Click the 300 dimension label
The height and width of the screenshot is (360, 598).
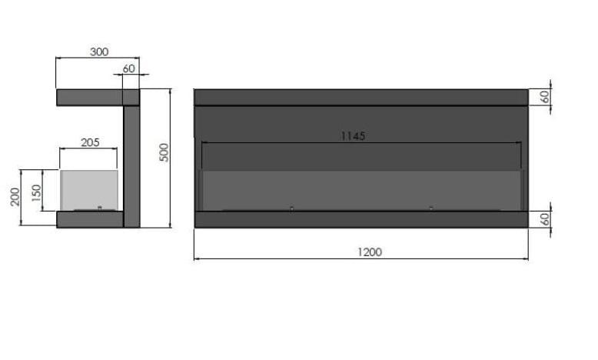pyautogui.click(x=99, y=52)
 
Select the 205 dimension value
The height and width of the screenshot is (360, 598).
pyautogui.click(x=90, y=143)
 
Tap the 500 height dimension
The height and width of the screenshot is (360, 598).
pyautogui.click(x=164, y=153)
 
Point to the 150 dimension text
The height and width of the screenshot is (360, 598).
pyautogui.click(x=36, y=193)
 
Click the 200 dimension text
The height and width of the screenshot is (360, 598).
pyautogui.click(x=15, y=197)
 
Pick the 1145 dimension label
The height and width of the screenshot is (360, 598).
pyautogui.click(x=353, y=136)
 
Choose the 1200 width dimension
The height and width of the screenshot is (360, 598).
pyautogui.click(x=370, y=252)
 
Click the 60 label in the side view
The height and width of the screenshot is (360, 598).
pyautogui.click(x=129, y=68)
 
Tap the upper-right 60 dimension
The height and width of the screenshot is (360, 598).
pyautogui.click(x=546, y=97)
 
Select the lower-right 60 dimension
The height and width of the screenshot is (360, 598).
pyautogui.click(x=546, y=219)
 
